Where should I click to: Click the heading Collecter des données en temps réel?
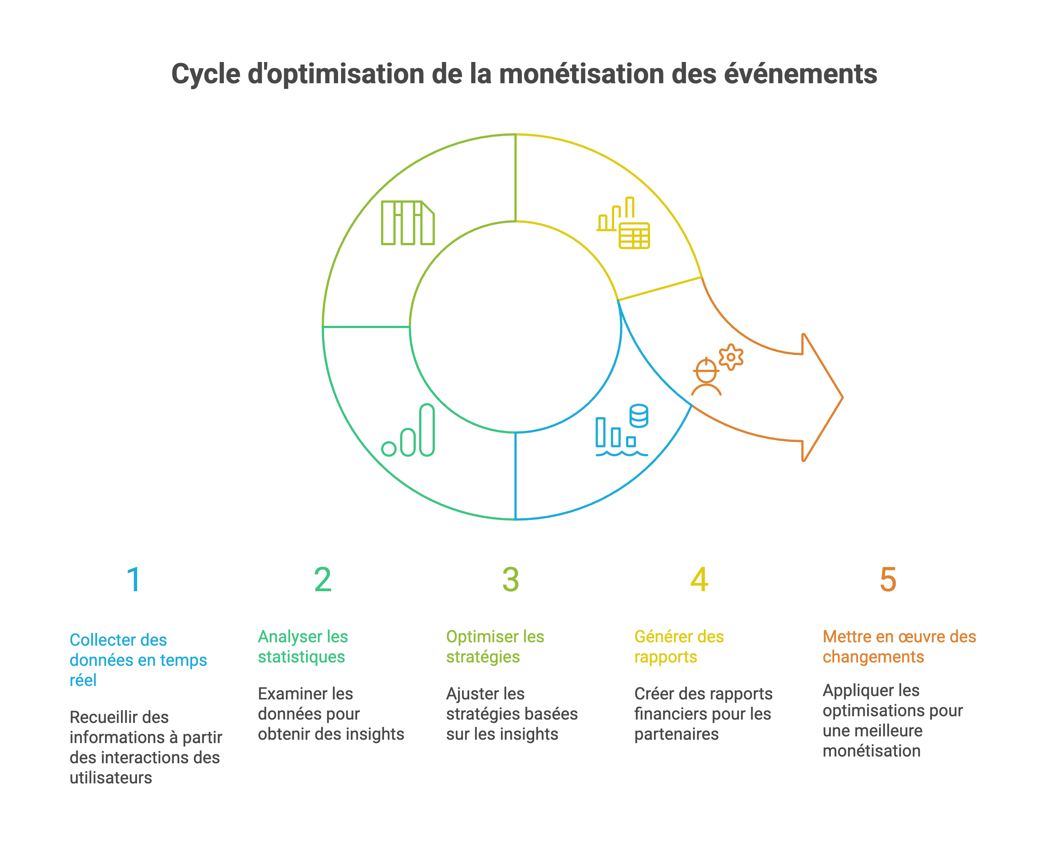(x=138, y=660)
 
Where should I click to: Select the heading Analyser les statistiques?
(x=303, y=646)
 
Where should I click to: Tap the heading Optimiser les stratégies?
(x=495, y=646)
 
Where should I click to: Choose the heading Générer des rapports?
(x=679, y=646)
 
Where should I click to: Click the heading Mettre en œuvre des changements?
(x=899, y=646)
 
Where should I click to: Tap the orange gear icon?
(x=731, y=357)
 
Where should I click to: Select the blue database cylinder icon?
(x=639, y=416)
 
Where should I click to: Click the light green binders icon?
(x=408, y=223)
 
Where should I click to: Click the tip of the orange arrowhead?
(x=842, y=397)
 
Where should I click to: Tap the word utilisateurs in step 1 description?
(x=111, y=778)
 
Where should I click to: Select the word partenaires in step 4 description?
(x=676, y=734)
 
